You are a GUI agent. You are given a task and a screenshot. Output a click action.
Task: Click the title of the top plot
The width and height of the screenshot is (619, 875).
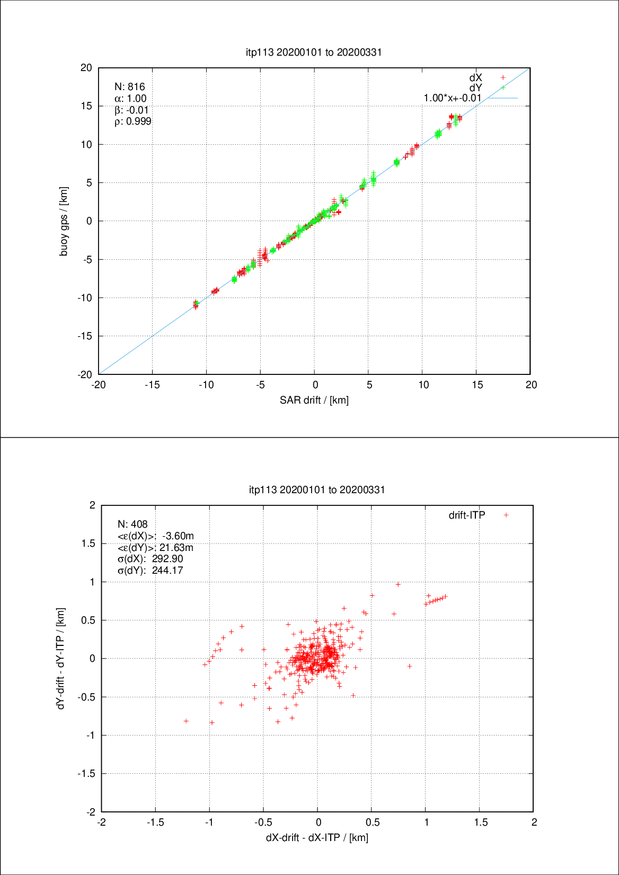314,52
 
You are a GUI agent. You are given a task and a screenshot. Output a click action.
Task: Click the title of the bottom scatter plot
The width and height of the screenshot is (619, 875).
317,489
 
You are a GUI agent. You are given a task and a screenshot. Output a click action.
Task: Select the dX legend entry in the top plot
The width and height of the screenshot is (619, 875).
476,77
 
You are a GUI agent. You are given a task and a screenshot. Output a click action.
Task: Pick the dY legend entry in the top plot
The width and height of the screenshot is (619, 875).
476,87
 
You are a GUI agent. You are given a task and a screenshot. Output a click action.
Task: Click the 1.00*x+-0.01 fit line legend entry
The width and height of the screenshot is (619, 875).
453,98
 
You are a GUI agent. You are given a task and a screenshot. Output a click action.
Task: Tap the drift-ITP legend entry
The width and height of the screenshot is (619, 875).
467,515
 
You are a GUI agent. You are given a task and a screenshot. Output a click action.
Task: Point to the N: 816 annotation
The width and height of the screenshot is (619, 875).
129,87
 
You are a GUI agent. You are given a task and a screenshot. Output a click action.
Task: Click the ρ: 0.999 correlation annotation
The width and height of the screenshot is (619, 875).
132,121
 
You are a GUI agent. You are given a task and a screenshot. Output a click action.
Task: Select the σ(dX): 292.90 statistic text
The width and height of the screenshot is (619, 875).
150,559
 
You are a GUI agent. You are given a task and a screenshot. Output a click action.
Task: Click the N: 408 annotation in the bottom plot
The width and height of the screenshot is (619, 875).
132,524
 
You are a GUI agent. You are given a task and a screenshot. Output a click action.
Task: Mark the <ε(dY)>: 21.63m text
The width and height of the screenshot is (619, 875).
155,547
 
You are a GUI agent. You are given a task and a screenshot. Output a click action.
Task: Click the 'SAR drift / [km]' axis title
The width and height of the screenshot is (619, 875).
314,400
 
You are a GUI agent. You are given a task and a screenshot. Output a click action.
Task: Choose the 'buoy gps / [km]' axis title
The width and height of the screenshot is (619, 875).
64,221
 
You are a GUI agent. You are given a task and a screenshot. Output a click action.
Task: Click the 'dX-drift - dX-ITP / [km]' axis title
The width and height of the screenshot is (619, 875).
317,837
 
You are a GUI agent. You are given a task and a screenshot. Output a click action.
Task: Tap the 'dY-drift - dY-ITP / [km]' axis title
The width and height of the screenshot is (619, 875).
61,658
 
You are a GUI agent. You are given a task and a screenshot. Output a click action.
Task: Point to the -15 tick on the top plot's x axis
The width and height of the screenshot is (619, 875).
152,385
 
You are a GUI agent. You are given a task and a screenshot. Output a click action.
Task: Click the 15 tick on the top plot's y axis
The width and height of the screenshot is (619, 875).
86,106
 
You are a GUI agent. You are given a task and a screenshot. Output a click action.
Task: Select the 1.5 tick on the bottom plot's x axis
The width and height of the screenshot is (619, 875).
480,822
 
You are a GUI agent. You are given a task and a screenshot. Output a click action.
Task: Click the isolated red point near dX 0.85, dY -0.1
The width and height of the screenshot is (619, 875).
410,666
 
